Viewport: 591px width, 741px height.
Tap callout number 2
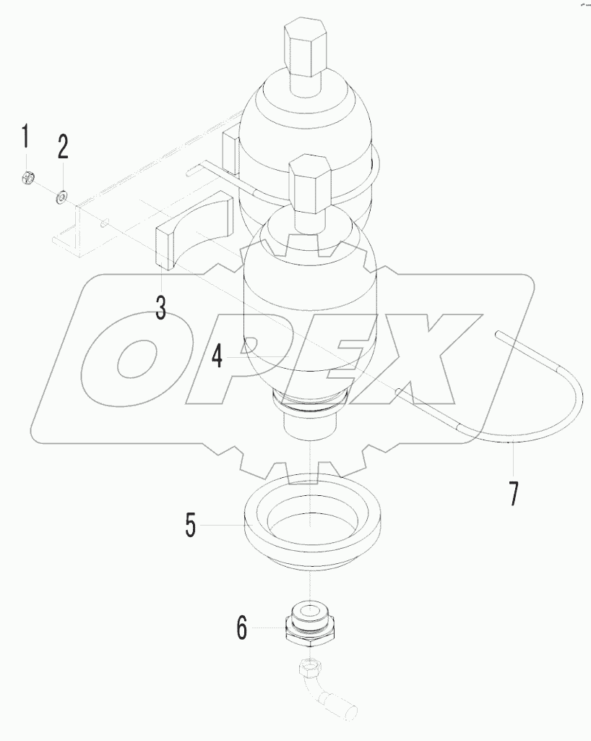(x=63, y=147)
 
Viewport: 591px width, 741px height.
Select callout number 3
(x=160, y=307)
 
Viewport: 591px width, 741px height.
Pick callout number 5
(x=190, y=525)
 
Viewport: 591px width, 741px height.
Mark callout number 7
(x=513, y=493)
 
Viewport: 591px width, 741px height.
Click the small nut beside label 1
(x=27, y=176)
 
